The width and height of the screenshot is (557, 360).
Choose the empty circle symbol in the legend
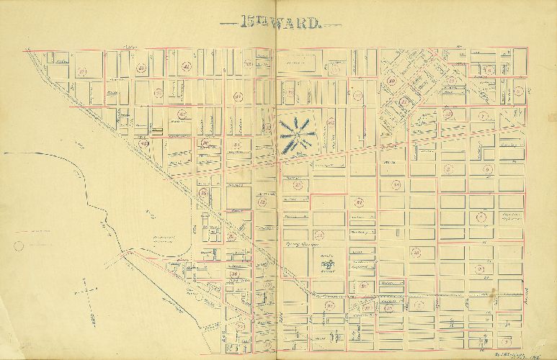coord(19,246)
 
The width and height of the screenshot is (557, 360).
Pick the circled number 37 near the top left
coord(82,71)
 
